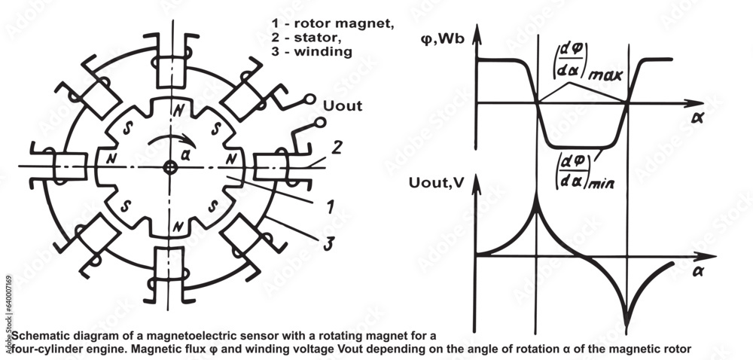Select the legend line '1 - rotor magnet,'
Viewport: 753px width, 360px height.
[x=332, y=23]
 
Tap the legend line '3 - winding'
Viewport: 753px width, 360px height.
[x=311, y=52]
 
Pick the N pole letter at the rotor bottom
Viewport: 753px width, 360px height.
[x=176, y=226]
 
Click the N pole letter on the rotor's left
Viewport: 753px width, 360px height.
[x=111, y=159]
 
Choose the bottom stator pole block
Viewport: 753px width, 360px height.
[x=167, y=263]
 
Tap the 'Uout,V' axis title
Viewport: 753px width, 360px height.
[x=439, y=184]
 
